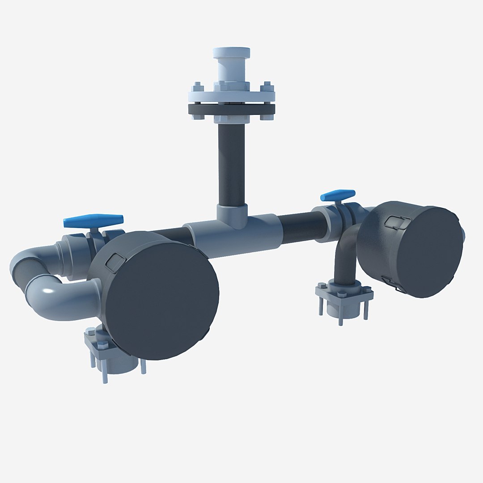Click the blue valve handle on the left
point(93,220)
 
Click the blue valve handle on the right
point(338,195)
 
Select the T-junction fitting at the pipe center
point(232,235)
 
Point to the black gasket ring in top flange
point(231,110)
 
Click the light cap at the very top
point(231,53)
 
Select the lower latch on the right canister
point(394,284)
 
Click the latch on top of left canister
point(114,261)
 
